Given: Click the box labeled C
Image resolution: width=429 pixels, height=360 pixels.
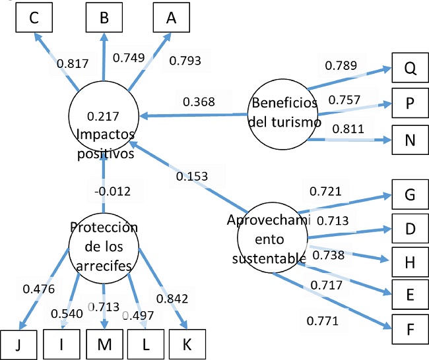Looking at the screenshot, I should (x=32, y=18).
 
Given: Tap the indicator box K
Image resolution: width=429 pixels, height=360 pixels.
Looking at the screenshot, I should (x=187, y=344).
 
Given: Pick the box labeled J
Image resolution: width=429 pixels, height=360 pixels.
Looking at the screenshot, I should (x=18, y=344).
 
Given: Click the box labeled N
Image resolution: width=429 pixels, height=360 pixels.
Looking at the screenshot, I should (x=410, y=140).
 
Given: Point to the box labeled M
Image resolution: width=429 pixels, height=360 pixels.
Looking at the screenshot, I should (x=104, y=344).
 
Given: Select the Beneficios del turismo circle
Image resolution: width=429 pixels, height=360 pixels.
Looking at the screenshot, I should (x=284, y=112).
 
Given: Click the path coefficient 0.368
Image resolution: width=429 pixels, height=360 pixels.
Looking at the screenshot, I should (x=199, y=102).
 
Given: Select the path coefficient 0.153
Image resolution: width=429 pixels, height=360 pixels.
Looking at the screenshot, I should (x=191, y=176).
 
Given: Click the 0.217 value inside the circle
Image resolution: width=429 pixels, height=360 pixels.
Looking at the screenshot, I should (x=103, y=117).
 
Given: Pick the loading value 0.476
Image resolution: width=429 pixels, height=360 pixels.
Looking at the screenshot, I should (x=38, y=288).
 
